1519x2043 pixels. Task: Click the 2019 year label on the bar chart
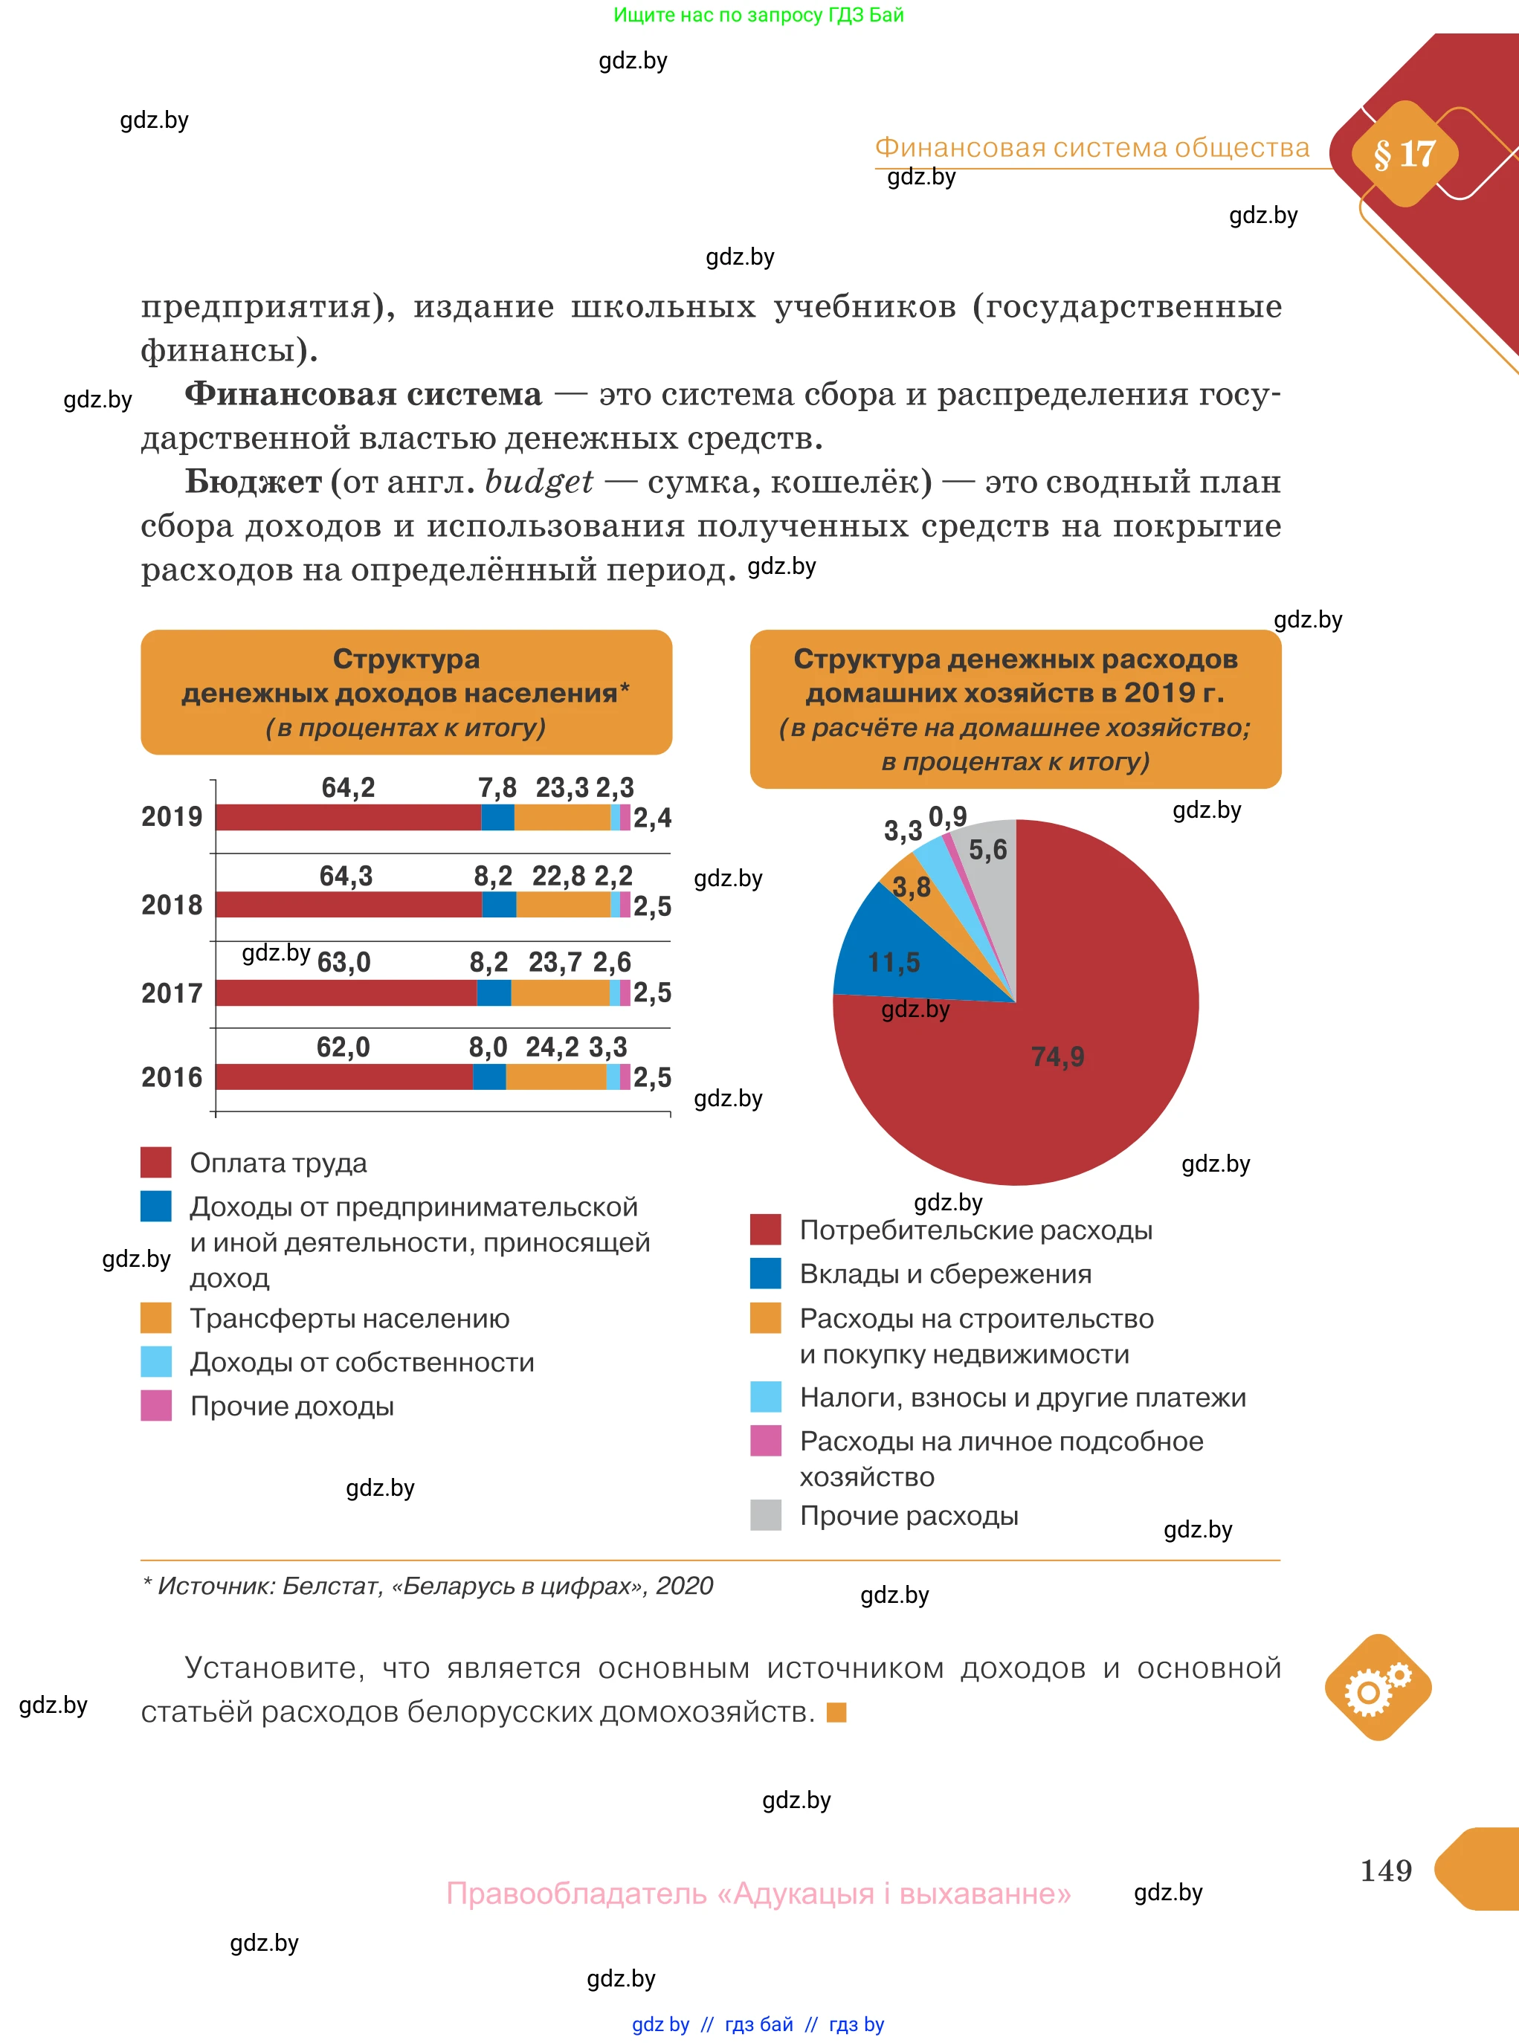click(x=171, y=816)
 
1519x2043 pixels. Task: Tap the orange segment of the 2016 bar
click(x=555, y=1077)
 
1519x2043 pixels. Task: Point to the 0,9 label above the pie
click(x=947, y=816)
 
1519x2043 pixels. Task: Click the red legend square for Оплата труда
click(x=155, y=1162)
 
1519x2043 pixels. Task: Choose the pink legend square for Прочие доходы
click(x=155, y=1405)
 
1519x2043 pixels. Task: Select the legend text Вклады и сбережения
click(x=945, y=1274)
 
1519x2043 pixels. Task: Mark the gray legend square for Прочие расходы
click(x=765, y=1514)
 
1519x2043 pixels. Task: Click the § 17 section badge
click(x=1403, y=154)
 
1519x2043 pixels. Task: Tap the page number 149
click(x=1386, y=1869)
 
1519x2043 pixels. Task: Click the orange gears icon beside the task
click(x=1378, y=1687)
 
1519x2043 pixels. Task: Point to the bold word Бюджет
click(x=253, y=481)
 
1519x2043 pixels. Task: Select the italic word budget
click(x=539, y=481)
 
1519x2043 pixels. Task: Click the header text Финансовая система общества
click(x=1091, y=147)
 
